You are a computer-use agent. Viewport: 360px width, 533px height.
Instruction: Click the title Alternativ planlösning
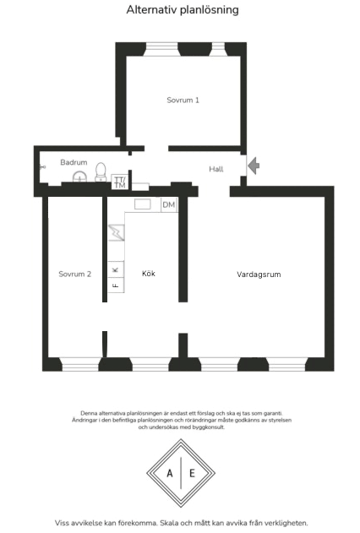(x=183, y=10)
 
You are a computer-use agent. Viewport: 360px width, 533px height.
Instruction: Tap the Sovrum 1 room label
(x=183, y=100)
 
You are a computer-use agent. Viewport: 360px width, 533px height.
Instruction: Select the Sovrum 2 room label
(x=74, y=274)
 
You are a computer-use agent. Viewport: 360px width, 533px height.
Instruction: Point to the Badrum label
(x=74, y=162)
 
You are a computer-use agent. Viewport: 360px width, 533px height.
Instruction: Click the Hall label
(x=216, y=169)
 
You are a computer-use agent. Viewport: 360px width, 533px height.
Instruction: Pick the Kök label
(x=149, y=274)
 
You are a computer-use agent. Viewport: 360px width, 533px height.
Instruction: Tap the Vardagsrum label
(x=259, y=275)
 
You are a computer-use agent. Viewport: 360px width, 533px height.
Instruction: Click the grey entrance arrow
(x=254, y=166)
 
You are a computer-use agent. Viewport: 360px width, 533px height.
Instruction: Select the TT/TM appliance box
(x=120, y=182)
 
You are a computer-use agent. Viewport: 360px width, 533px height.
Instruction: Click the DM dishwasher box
(x=169, y=204)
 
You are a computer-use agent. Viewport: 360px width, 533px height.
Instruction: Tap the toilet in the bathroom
(x=101, y=171)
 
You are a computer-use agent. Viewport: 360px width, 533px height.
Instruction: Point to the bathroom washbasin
(x=79, y=177)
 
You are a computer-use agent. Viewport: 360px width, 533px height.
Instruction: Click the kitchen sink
(x=143, y=204)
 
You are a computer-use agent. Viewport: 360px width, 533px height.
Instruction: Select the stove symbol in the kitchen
(x=117, y=232)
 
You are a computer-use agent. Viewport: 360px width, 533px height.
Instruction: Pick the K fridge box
(x=116, y=269)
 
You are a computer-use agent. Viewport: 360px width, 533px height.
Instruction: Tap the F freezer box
(x=116, y=286)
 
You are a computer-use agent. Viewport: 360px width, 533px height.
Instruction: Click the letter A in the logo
(x=170, y=473)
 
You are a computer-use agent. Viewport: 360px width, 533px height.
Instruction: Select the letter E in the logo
(x=192, y=473)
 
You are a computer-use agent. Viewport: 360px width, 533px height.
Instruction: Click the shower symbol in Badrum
(x=42, y=167)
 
